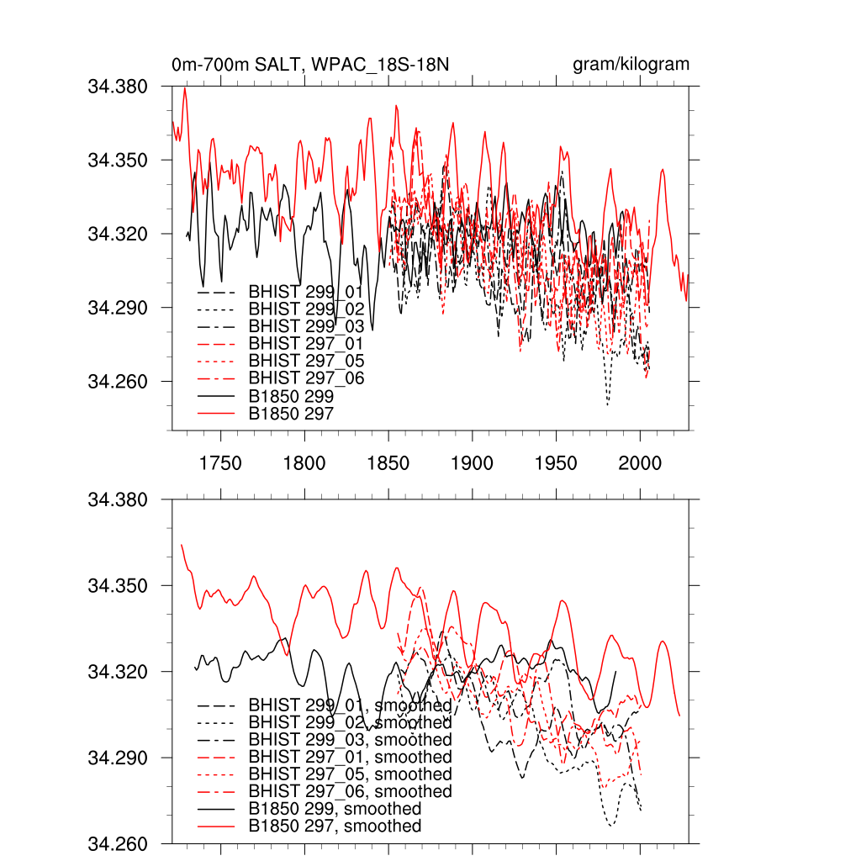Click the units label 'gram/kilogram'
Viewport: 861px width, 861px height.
(x=631, y=65)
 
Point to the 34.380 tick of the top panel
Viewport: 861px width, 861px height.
(x=118, y=86)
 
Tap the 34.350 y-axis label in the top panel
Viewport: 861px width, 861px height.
(x=118, y=160)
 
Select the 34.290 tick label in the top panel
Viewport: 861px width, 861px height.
(x=118, y=308)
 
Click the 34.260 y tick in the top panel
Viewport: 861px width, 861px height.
(x=118, y=382)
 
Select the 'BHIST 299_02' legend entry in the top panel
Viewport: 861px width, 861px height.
(x=306, y=309)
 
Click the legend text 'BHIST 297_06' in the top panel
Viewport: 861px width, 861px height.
(x=306, y=379)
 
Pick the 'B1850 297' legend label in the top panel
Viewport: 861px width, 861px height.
(x=291, y=414)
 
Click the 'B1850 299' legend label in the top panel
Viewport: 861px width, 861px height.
(x=291, y=396)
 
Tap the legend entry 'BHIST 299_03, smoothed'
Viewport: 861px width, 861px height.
(x=350, y=740)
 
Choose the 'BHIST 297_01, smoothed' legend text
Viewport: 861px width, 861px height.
(x=350, y=758)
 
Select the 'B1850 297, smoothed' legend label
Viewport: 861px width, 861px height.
(x=335, y=827)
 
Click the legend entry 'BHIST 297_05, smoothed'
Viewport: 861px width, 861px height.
(x=350, y=774)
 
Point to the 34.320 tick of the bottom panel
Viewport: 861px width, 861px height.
(x=118, y=672)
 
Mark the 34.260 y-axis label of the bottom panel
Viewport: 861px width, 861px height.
(x=118, y=843)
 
